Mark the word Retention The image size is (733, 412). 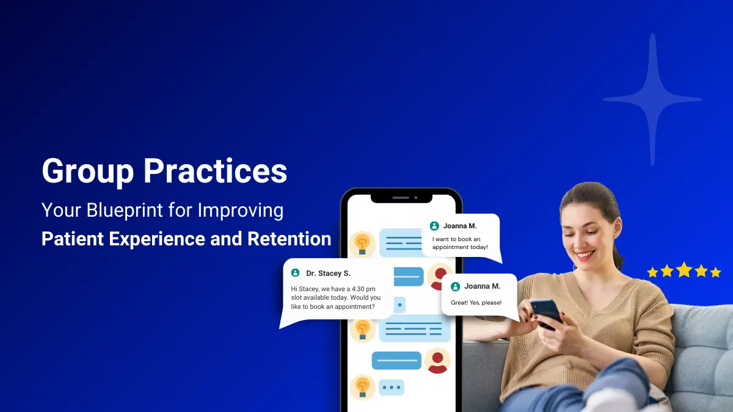pyautogui.click(x=289, y=239)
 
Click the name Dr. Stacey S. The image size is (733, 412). pyautogui.click(x=328, y=273)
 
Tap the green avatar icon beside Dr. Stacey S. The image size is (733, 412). pyautogui.click(x=296, y=273)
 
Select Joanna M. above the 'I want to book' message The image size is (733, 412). pyautogui.click(x=460, y=226)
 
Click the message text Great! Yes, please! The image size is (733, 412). pyautogui.click(x=476, y=303)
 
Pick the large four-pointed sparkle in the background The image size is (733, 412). pyautogui.click(x=652, y=99)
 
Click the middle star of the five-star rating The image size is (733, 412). pyautogui.click(x=684, y=270)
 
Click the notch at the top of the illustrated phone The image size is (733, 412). pyautogui.click(x=401, y=198)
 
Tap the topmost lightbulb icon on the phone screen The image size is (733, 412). pyautogui.click(x=362, y=243)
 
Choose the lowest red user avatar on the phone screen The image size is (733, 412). pyautogui.click(x=437, y=361)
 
